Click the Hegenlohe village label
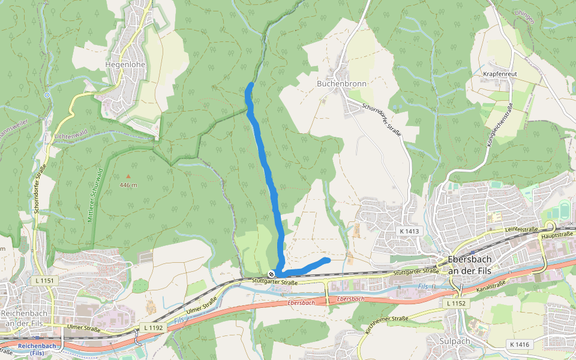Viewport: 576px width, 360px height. [125, 64]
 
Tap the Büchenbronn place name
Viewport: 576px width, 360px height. [341, 84]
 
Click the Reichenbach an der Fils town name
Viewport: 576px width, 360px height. [28, 318]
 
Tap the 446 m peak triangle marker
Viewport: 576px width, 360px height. [128, 176]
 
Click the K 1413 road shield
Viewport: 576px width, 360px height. [410, 231]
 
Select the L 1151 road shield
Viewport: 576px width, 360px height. [44, 281]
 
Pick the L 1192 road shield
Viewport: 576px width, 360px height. [153, 328]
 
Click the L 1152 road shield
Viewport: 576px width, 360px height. [456, 304]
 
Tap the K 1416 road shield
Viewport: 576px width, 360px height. [519, 344]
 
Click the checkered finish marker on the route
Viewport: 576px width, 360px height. [271, 274]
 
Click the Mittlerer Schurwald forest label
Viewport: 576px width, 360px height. [95, 196]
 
